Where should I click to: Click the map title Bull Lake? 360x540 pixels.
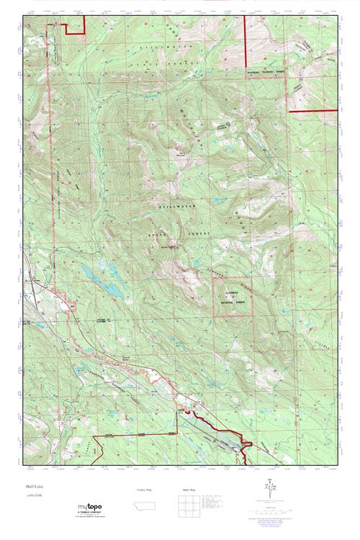(34, 487)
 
